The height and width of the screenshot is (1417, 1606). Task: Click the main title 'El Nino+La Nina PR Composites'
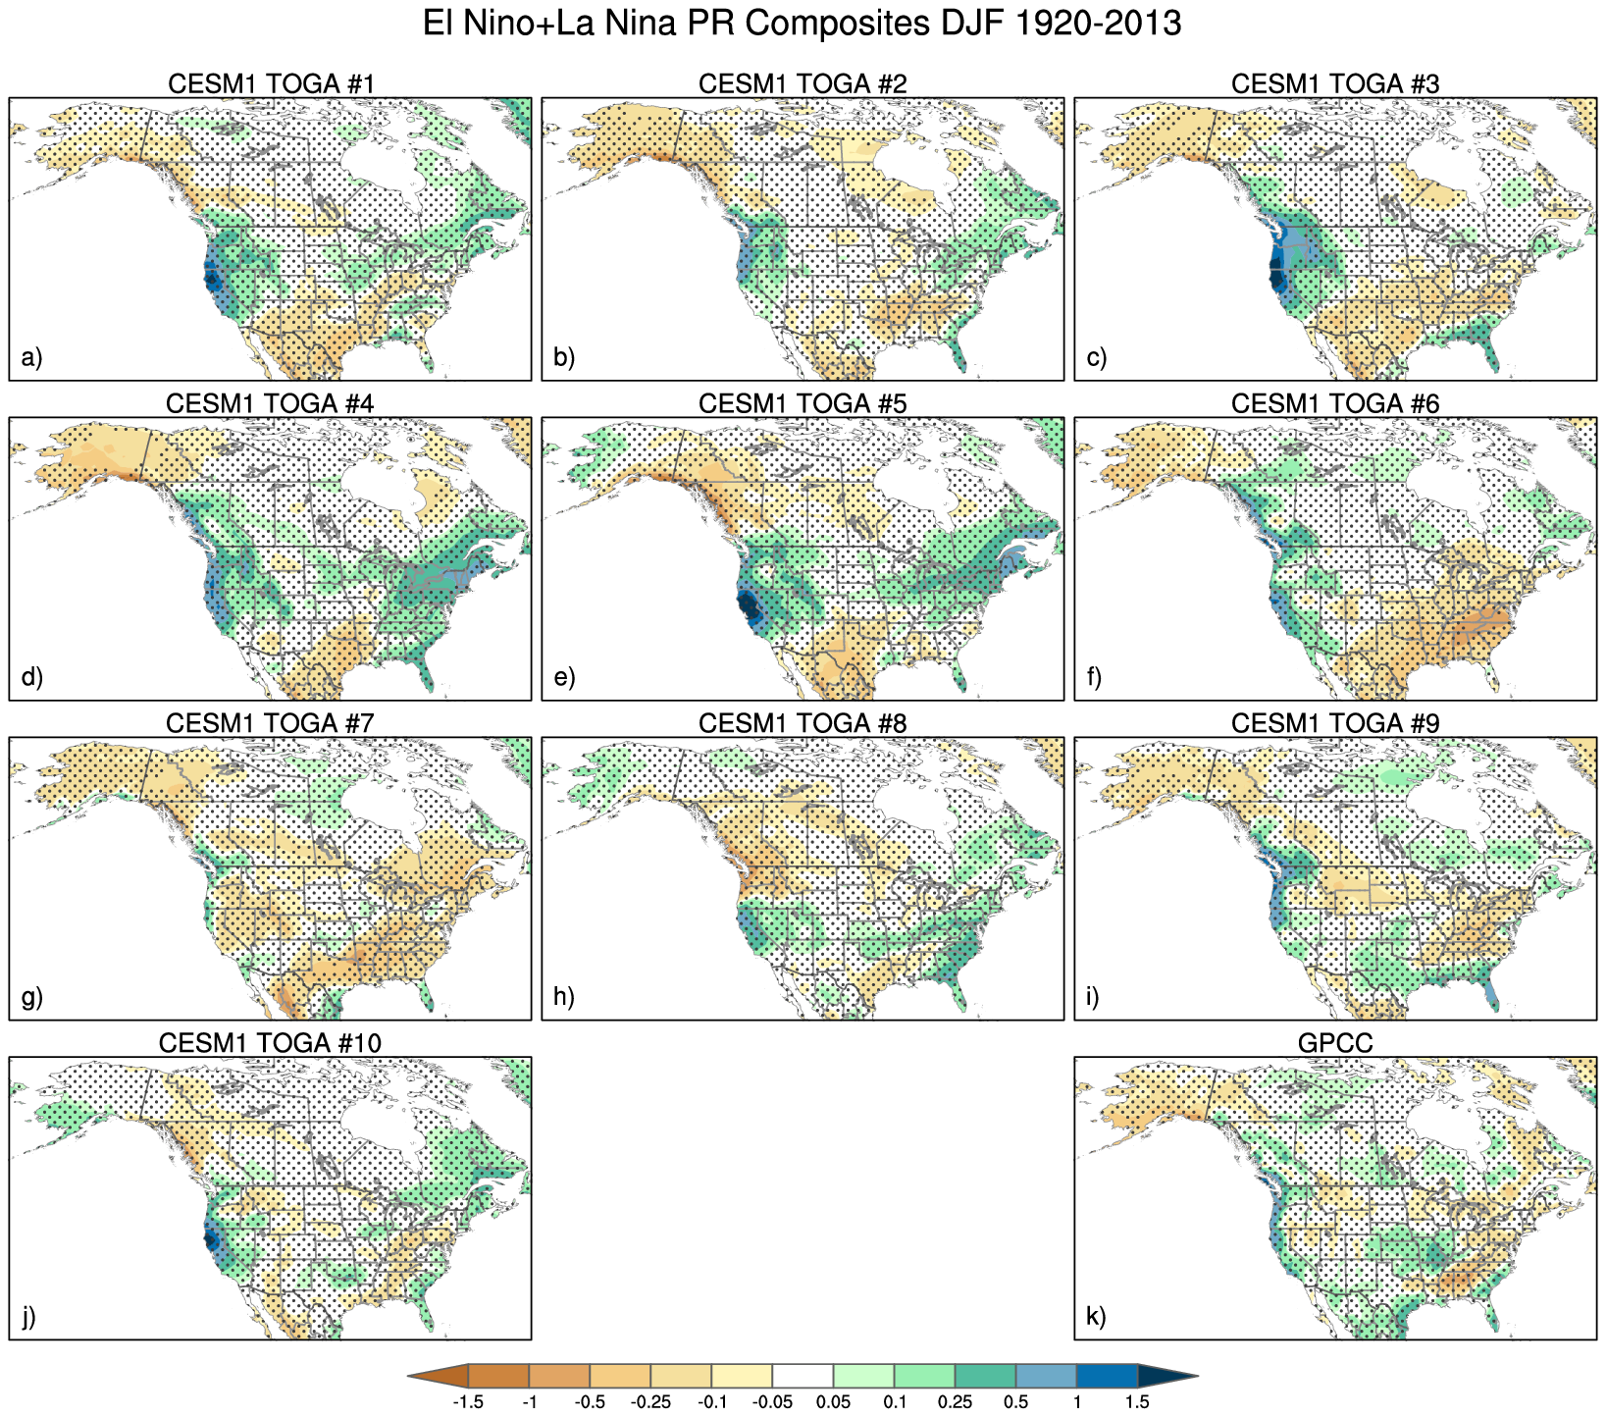click(802, 24)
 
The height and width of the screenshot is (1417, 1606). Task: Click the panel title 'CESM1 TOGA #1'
click(271, 84)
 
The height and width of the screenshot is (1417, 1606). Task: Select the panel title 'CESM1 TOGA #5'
click(803, 404)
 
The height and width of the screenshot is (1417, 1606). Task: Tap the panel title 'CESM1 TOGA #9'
click(1335, 724)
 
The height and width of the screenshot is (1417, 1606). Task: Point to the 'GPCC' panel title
click(1335, 1044)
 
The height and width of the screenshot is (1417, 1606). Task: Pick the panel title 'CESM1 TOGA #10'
click(271, 1044)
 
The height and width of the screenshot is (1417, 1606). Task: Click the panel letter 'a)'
click(31, 357)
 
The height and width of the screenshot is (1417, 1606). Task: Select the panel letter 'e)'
click(564, 677)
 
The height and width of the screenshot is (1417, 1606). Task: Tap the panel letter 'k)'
click(1097, 1317)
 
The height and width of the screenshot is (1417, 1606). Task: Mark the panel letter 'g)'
click(31, 997)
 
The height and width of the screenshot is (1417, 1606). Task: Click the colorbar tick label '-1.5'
click(468, 1402)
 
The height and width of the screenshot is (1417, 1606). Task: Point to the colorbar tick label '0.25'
click(955, 1402)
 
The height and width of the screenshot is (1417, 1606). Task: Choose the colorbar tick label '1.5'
click(1137, 1402)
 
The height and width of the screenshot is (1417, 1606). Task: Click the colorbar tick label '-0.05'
click(772, 1402)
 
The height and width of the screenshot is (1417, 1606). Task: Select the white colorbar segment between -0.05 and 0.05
click(803, 1377)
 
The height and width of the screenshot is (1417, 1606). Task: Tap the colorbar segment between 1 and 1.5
click(1107, 1377)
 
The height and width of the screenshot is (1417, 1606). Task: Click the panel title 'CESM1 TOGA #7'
click(271, 724)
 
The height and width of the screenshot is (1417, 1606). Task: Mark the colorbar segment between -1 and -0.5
click(559, 1377)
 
